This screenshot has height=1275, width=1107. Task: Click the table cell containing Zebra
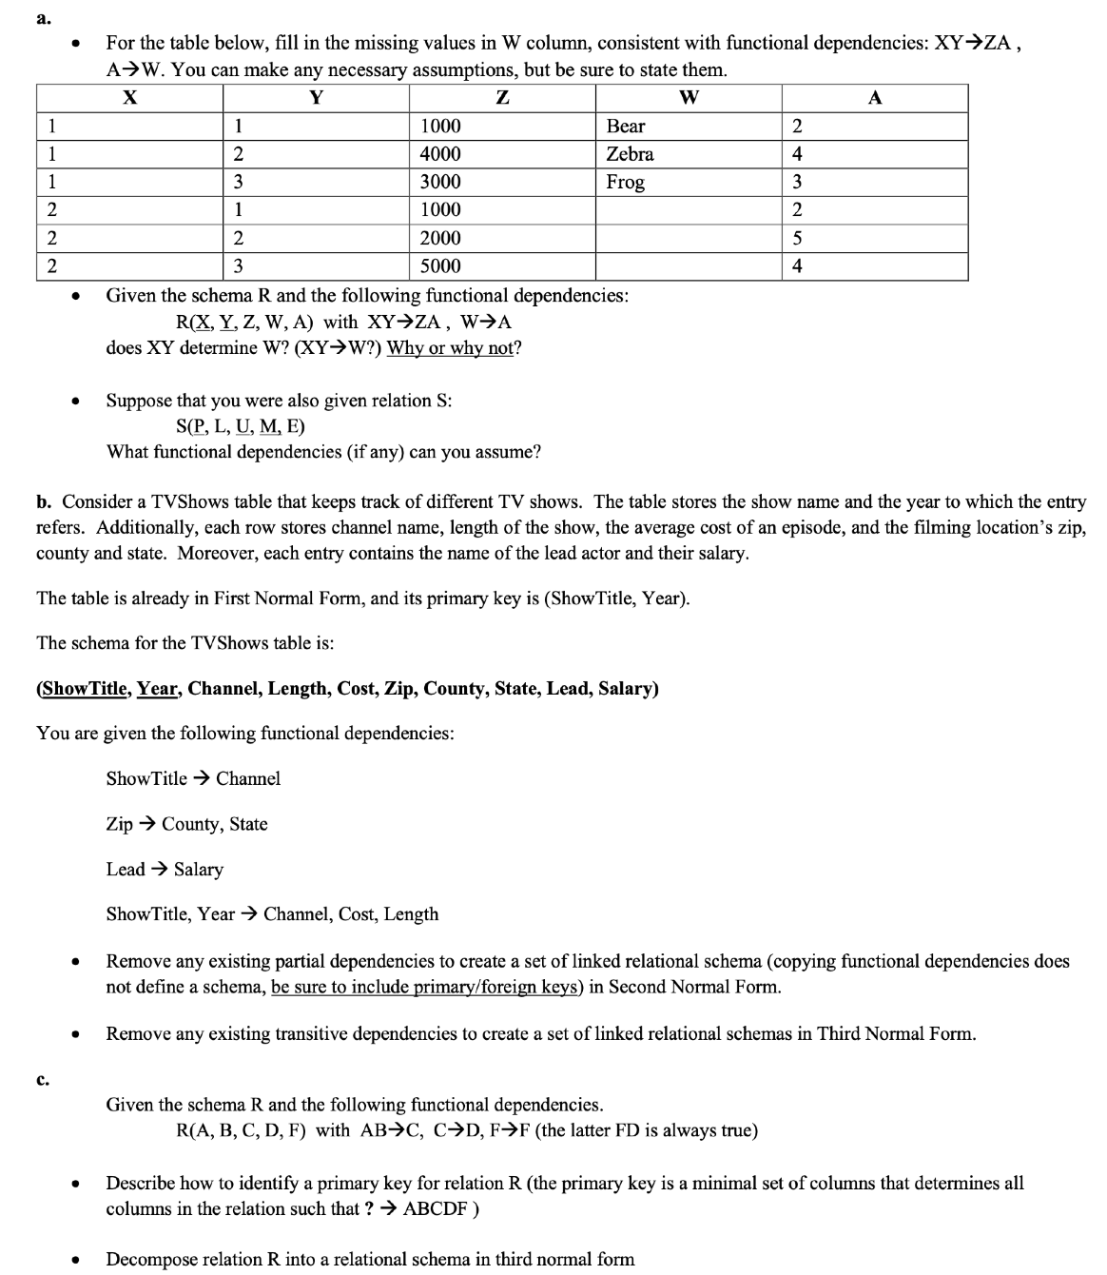(x=630, y=154)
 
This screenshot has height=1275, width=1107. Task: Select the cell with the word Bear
(x=626, y=127)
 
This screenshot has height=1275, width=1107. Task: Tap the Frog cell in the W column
(x=625, y=182)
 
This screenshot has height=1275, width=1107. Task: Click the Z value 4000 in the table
(x=440, y=154)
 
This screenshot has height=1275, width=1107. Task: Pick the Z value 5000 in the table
(x=440, y=265)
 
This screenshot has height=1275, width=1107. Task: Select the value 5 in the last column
(x=797, y=238)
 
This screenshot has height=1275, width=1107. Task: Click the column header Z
(x=502, y=97)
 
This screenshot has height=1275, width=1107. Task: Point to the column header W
(x=689, y=97)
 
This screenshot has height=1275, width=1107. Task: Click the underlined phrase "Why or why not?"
(x=454, y=347)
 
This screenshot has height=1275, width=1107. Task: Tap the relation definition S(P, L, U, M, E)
(x=241, y=425)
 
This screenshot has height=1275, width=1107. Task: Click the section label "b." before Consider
(x=44, y=501)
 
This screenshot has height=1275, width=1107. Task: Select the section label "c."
(x=42, y=1079)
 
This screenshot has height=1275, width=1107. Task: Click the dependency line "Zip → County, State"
(x=186, y=824)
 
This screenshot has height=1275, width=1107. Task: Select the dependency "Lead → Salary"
(x=165, y=869)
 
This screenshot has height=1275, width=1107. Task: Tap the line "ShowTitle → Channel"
(x=193, y=778)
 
